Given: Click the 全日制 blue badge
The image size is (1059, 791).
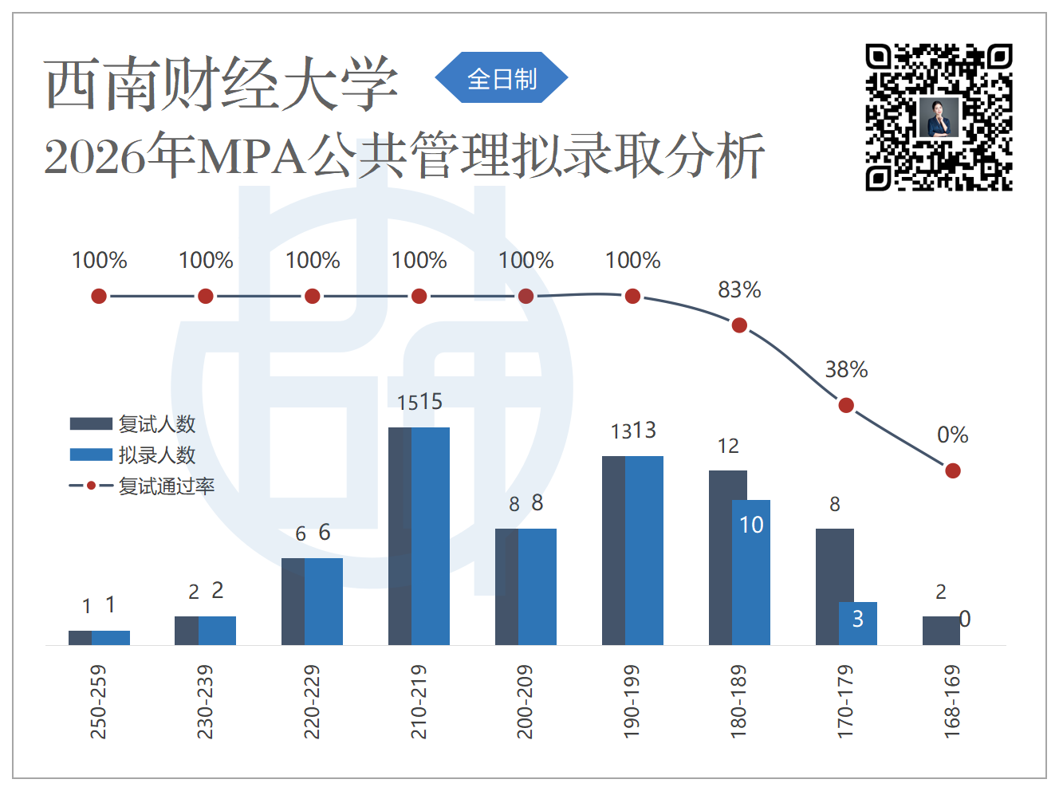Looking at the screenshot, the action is pos(502,77).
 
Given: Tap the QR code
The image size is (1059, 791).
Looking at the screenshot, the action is pos(939,117).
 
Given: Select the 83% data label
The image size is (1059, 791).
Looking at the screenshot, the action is pos(739,290).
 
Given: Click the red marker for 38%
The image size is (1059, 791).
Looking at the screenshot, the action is pos(846,405).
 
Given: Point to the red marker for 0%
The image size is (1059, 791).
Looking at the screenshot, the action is pos(953,470).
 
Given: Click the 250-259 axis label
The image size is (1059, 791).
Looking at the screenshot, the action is pos(98,702).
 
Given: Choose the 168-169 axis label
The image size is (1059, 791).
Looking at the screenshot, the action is pos(952,702).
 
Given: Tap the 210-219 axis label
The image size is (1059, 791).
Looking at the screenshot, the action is pos(419,702).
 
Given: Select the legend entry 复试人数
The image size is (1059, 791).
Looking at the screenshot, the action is pos(132,424).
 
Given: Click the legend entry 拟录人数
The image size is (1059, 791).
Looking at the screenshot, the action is pos(132,455).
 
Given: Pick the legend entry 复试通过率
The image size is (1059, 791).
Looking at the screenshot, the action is pos(142,486).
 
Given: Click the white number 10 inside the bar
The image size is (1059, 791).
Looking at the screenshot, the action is pos(751,525).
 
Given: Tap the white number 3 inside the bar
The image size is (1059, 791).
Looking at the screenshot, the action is pos(857,619).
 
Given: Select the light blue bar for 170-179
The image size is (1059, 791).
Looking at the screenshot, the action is pos(858,624).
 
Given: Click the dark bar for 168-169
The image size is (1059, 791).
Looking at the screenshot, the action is pos(941,631).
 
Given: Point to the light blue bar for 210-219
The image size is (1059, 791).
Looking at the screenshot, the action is pos(431,536).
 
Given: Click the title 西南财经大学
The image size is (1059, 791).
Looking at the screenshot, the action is pos(222,83).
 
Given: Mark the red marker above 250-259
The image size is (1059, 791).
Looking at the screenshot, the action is pos(99,296).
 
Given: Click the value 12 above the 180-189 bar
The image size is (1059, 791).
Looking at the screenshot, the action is pos(728,447).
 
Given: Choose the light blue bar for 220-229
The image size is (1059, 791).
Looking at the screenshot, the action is pos(324,601).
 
